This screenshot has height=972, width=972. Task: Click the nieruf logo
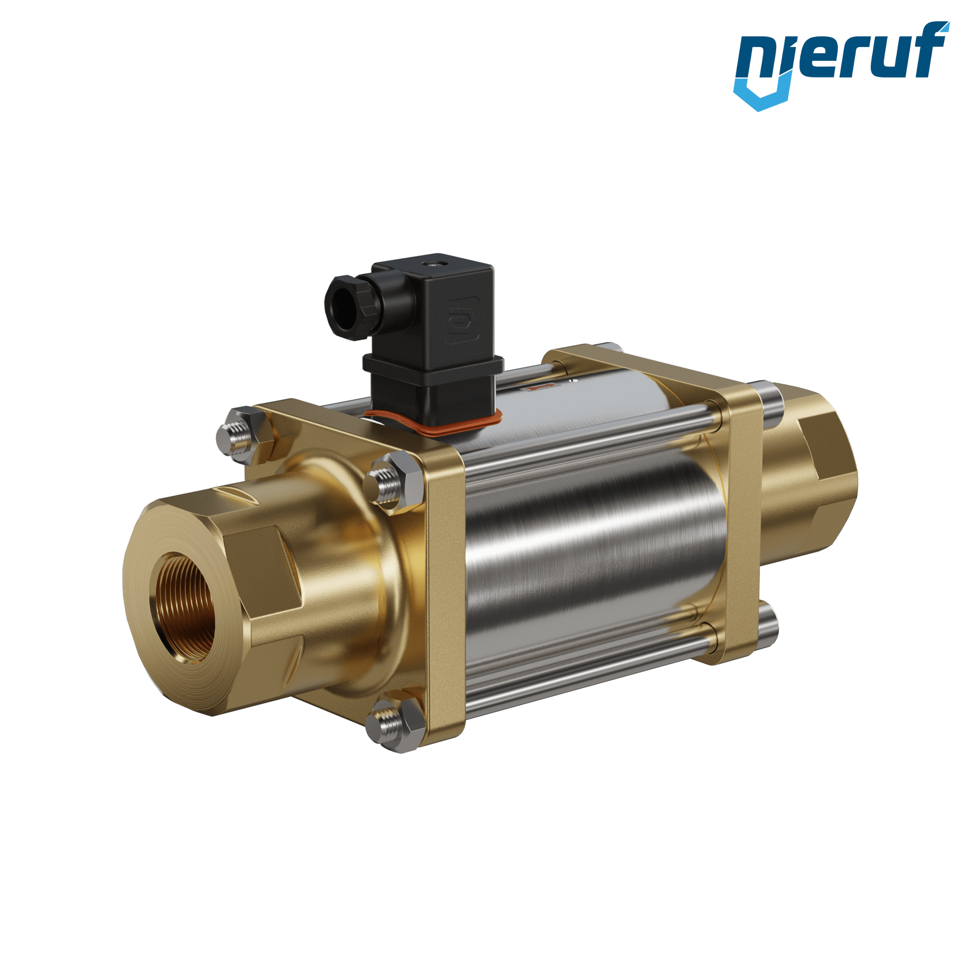tap(841, 66)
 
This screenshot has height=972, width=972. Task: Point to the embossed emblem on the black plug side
tap(462, 320)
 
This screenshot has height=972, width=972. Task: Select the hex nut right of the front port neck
tap(393, 483)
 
